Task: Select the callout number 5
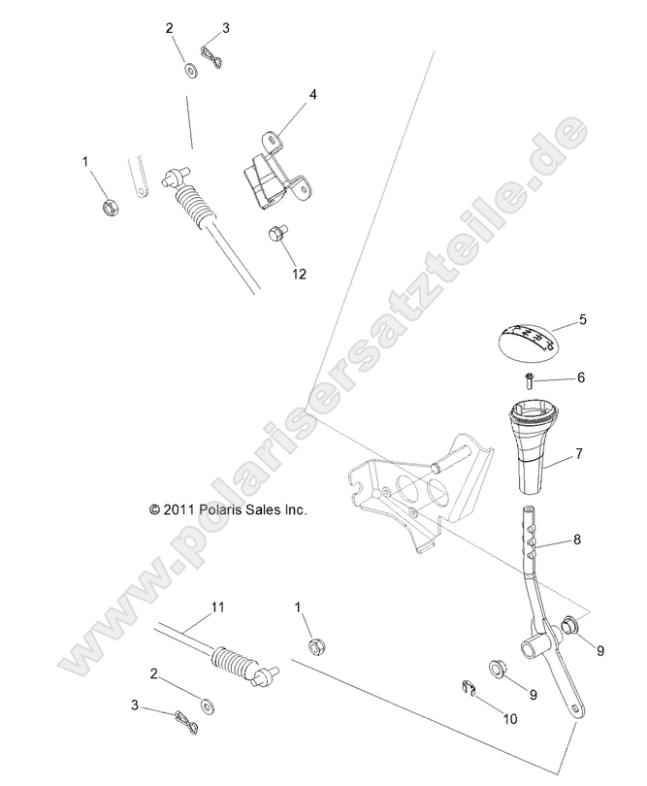click(582, 318)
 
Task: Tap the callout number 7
click(578, 453)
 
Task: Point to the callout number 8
click(577, 540)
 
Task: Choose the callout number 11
click(217, 607)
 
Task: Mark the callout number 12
click(299, 275)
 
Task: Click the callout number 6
click(582, 377)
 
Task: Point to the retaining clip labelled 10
click(469, 690)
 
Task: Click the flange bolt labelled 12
click(277, 234)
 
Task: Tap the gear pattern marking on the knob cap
click(530, 335)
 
